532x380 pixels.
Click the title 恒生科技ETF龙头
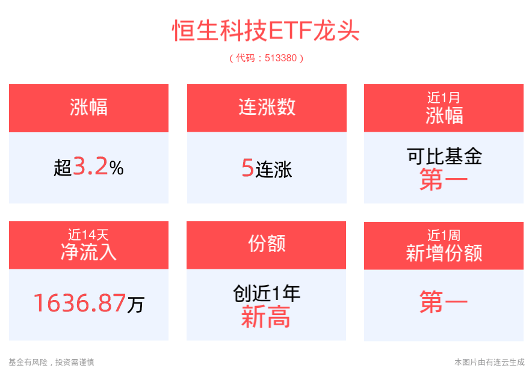pyautogui.click(x=266, y=31)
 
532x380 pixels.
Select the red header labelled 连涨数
pyautogui.click(x=267, y=108)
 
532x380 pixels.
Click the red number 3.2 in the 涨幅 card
pyautogui.click(x=90, y=167)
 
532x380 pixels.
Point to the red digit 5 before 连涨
pyautogui.click(x=247, y=168)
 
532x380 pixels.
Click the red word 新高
pyautogui.click(x=266, y=317)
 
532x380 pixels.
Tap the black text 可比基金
pyautogui.click(x=444, y=157)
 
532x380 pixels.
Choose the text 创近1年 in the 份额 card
pyautogui.click(x=266, y=293)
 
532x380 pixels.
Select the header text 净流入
pyautogui.click(x=88, y=252)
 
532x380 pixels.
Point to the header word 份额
pyautogui.click(x=266, y=244)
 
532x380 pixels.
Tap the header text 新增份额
pyautogui.click(x=444, y=253)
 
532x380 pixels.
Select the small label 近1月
pyautogui.click(x=444, y=98)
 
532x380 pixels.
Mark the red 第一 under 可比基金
pyautogui.click(x=444, y=180)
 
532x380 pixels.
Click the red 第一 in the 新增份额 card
pyautogui.click(x=444, y=304)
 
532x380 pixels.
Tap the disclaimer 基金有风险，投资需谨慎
pyautogui.click(x=51, y=362)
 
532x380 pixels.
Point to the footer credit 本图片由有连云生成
pyautogui.click(x=489, y=362)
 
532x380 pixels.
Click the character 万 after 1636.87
pyautogui.click(x=136, y=305)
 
